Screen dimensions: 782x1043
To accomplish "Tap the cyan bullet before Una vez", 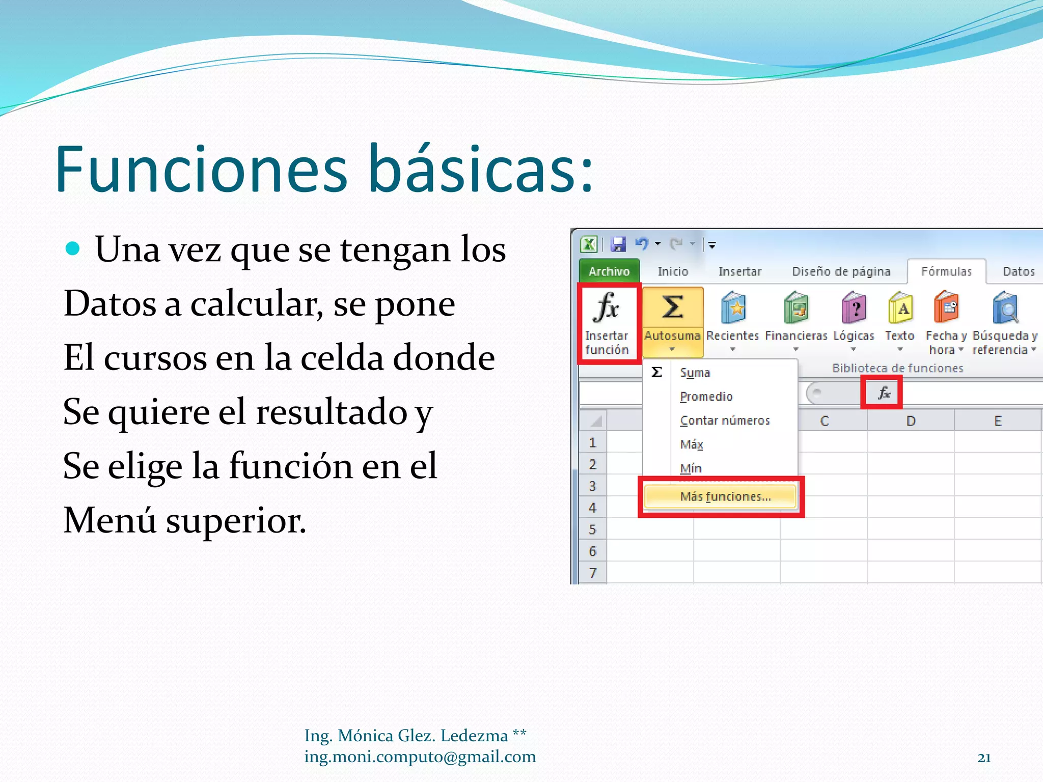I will (x=73, y=248).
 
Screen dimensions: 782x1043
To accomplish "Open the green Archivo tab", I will (x=609, y=271).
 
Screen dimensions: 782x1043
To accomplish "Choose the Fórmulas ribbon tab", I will (x=946, y=271).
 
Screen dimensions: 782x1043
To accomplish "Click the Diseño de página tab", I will (x=841, y=271).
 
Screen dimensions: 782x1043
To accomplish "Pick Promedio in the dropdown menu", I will (x=706, y=397).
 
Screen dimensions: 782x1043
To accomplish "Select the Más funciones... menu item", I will (x=725, y=497).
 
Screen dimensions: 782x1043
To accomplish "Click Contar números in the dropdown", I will (x=725, y=421).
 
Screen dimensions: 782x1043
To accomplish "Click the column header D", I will (x=911, y=421).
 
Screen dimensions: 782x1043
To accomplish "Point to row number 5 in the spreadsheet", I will (x=592, y=529).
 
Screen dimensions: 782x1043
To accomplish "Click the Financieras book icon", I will (x=796, y=309).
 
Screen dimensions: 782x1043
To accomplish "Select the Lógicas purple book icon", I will (x=854, y=309).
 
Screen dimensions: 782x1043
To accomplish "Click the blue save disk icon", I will (x=618, y=245).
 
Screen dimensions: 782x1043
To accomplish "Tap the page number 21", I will (x=984, y=758).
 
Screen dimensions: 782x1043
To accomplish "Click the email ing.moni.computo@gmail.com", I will (x=420, y=757).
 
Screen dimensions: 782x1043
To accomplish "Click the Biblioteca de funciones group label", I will (x=897, y=368).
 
